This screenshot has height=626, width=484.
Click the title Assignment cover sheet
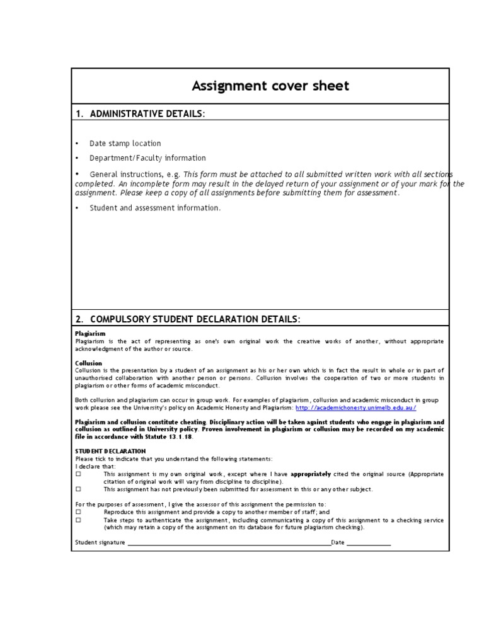(x=270, y=86)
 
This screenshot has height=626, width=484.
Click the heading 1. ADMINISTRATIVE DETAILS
(x=140, y=113)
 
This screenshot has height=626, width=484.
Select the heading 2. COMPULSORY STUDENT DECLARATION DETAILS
(x=188, y=319)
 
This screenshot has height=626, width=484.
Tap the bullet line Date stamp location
(x=125, y=144)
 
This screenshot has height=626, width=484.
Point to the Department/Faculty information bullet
(x=147, y=158)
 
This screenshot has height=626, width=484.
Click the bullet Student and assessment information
(x=155, y=208)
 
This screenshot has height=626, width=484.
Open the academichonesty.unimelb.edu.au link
(x=360, y=408)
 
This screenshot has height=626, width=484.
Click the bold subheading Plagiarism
(x=90, y=333)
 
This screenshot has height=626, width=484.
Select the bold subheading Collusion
(x=89, y=363)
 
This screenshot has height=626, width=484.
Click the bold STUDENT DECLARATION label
(x=110, y=451)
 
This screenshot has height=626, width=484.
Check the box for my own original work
(x=79, y=474)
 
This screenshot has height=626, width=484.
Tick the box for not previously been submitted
(x=79, y=489)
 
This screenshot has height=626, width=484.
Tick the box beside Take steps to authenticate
(x=79, y=520)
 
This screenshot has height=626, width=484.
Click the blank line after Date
(x=369, y=543)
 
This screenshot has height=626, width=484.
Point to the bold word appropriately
(x=311, y=474)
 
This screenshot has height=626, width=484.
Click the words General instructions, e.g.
(x=135, y=174)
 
